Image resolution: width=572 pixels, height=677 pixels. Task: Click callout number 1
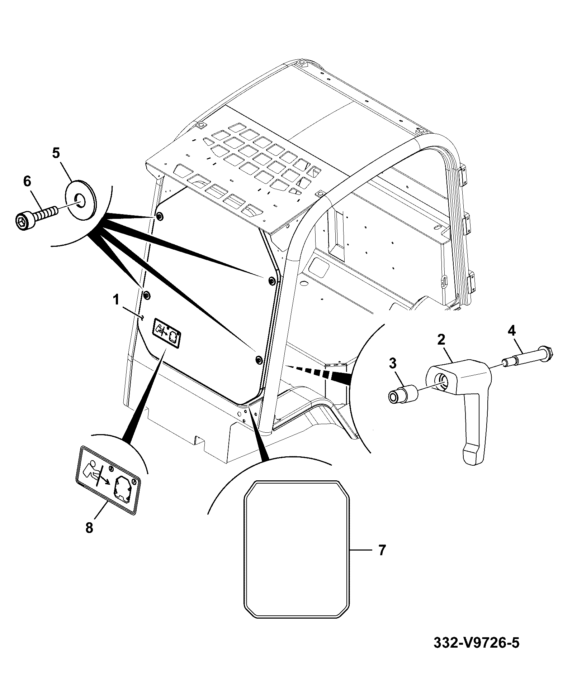[116, 300]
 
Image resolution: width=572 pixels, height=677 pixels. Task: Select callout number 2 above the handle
[441, 339]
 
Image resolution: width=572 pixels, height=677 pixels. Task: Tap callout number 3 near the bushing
[393, 364]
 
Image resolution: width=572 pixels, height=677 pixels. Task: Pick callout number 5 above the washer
[56, 153]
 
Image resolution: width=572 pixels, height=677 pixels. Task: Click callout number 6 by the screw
[27, 181]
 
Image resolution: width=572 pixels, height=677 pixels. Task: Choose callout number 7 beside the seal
[382, 560]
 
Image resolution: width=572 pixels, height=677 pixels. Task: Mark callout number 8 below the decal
[89, 528]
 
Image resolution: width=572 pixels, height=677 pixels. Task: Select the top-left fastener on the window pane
[159, 216]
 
